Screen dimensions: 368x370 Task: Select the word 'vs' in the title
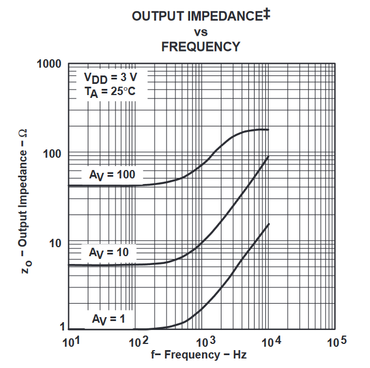point(201,31)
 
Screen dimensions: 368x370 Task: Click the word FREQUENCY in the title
point(201,47)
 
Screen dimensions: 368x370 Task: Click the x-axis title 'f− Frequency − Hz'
point(198,355)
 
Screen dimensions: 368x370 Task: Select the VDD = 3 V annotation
point(110,77)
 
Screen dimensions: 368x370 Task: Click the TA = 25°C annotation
point(110,91)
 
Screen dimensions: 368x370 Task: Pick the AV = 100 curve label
point(112,175)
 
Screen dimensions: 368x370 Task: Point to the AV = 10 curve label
point(109,253)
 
